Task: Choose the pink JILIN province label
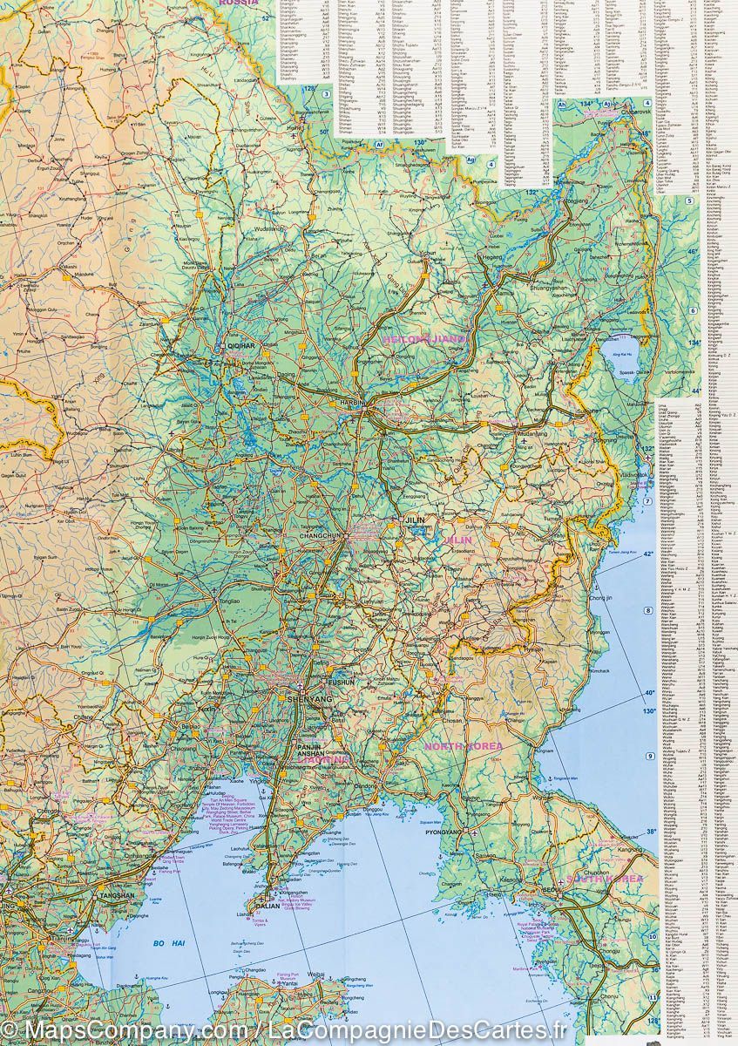(459, 540)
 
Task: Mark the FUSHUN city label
(341, 683)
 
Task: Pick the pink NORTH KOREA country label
(463, 747)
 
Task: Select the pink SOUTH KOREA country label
(604, 879)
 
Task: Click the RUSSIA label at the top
(239, 3)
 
